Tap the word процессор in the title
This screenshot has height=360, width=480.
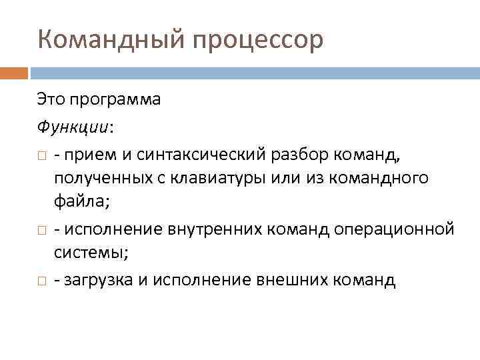point(258,40)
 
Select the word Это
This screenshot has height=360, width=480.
point(50,100)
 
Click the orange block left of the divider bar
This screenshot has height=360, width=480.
point(13,72)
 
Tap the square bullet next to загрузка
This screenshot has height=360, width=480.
point(41,280)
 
